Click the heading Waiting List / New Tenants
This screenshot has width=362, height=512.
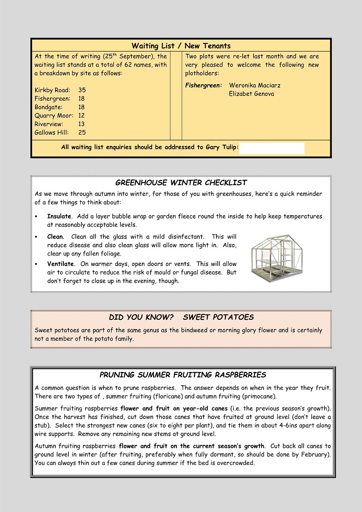point(181,46)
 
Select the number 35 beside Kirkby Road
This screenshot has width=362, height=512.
point(82,90)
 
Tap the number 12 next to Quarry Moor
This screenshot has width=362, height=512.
point(81,115)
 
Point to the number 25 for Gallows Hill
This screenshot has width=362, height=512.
point(82,133)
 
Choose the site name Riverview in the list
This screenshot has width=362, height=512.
point(49,124)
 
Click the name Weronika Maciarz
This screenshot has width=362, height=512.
point(255,85)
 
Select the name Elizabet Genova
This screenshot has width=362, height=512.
point(251,94)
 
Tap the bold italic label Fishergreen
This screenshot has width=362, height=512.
point(204,85)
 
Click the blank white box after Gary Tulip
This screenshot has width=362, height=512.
point(272,148)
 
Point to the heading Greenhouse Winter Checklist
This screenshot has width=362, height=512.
point(181,183)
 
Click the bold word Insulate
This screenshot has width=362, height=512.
point(59,216)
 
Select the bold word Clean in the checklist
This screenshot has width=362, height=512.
point(55,237)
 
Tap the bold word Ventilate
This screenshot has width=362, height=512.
point(60,264)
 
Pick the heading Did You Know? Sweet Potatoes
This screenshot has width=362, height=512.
point(181,317)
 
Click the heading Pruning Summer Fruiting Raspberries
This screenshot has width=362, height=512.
point(183,375)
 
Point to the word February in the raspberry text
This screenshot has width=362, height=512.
point(316,454)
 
